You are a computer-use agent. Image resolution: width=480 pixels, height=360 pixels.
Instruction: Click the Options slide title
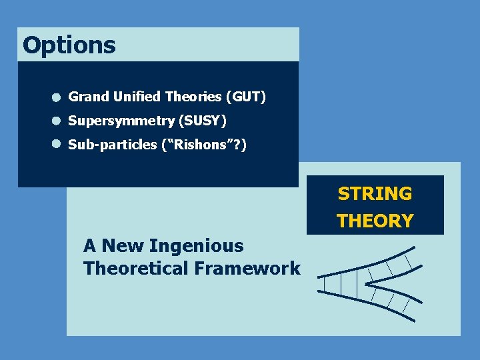pos(69,45)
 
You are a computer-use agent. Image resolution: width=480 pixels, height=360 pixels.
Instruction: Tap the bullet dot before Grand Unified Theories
pos(57,98)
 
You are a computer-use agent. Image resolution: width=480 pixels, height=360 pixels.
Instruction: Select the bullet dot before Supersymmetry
pos(57,121)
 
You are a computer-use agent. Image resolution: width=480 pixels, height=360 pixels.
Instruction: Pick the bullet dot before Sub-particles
pos(57,144)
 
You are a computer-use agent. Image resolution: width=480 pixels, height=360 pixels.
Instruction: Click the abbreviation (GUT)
pos(246,97)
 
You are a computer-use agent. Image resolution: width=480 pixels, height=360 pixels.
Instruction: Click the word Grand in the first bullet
pos(89,97)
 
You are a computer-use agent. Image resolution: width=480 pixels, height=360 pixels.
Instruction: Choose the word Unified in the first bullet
pos(137,97)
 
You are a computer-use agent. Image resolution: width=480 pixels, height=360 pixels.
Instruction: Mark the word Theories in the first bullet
pos(193,97)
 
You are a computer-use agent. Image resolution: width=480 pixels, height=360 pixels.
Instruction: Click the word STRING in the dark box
pos(375,194)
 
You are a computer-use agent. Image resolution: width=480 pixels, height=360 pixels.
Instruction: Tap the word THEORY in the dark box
pos(375,221)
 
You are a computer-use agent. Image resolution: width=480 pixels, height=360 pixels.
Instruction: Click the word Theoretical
pos(136,269)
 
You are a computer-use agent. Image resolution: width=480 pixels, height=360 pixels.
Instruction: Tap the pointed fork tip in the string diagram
pos(364,283)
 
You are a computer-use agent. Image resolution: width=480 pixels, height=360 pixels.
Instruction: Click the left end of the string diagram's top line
pos(319,276)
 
